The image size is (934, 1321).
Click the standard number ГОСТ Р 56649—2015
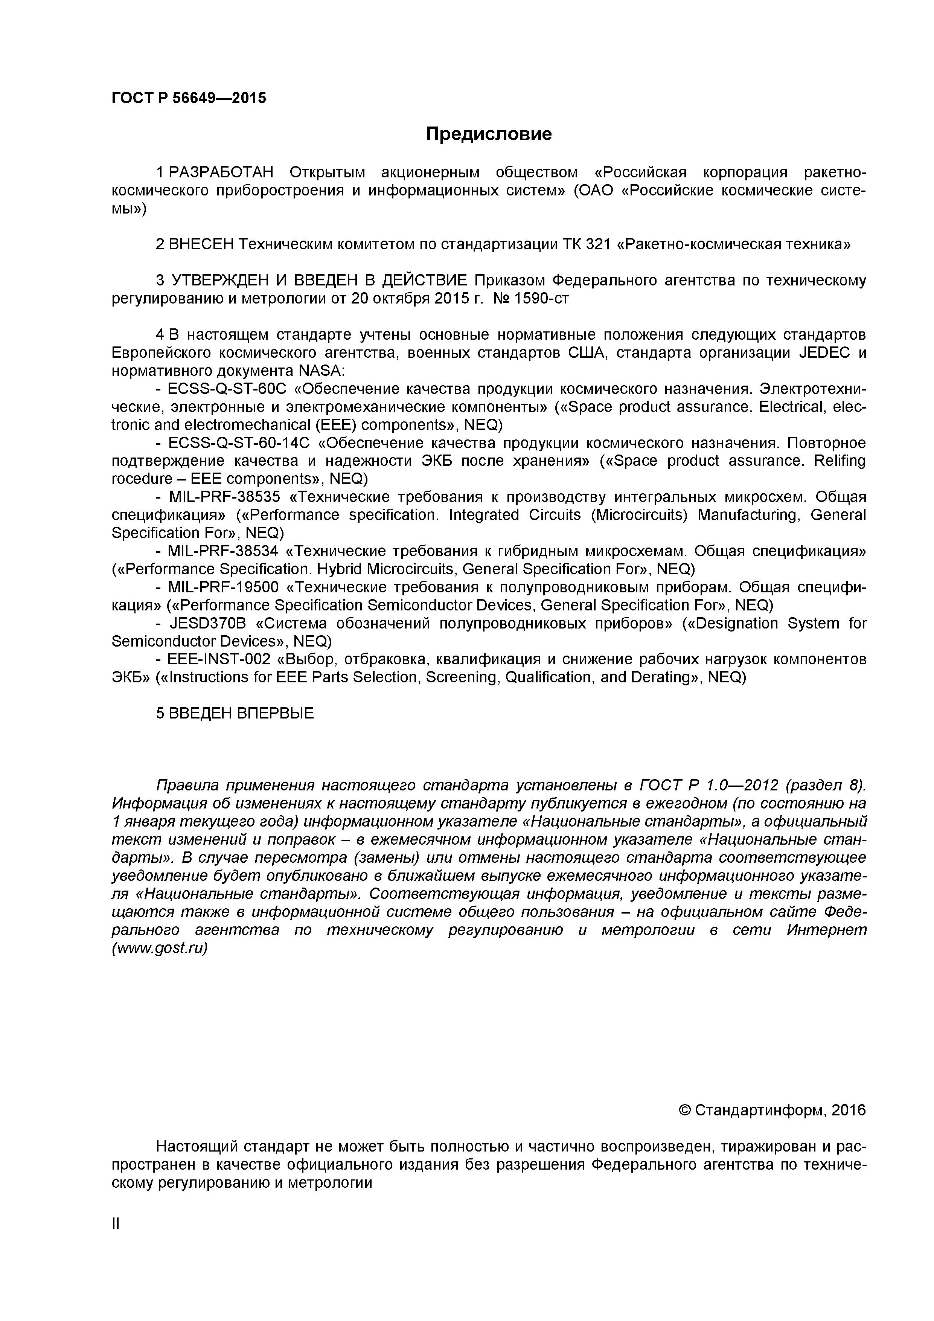(x=189, y=98)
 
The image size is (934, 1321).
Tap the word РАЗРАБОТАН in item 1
(x=222, y=172)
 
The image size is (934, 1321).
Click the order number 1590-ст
(x=545, y=299)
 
